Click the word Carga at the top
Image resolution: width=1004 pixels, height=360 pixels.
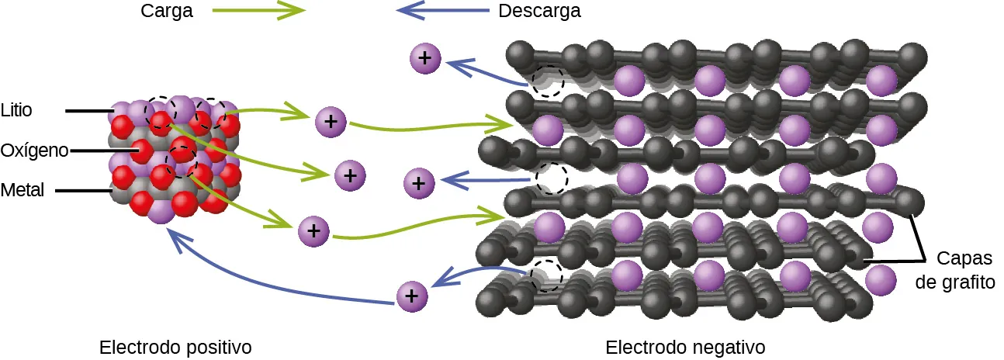pyautogui.click(x=167, y=12)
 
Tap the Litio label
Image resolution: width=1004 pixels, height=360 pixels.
pyautogui.click(x=17, y=110)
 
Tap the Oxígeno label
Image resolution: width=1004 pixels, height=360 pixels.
pyautogui.click(x=34, y=150)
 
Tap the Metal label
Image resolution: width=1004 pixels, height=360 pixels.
pyautogui.click(x=22, y=190)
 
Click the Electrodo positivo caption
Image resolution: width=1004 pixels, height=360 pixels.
pyautogui.click(x=176, y=346)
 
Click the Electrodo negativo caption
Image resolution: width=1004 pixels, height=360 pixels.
pyautogui.click(x=685, y=346)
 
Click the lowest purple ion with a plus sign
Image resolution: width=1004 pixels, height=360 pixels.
pyautogui.click(x=412, y=296)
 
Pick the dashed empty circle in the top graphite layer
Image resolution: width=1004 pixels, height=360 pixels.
pyautogui.click(x=549, y=81)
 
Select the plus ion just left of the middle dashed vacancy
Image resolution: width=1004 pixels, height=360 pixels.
pyautogui.click(x=419, y=184)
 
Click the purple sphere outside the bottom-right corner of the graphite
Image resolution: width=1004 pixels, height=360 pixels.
pyautogui.click(x=881, y=280)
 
